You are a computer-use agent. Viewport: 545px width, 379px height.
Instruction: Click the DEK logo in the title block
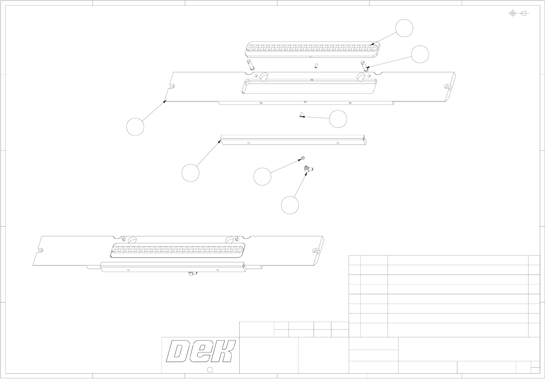[201, 351]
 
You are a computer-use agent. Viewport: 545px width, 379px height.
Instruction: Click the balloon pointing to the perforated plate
[404, 28]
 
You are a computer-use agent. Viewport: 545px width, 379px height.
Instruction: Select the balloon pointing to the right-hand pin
[420, 54]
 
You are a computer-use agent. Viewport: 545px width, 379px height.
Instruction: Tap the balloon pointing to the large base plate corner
[135, 127]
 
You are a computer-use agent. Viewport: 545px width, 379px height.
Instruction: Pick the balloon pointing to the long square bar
[190, 173]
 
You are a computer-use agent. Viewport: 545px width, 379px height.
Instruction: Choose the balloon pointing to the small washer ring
[262, 177]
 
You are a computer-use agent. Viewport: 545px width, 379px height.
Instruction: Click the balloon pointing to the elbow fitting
[290, 205]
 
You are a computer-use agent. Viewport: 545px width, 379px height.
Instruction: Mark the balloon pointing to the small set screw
[338, 119]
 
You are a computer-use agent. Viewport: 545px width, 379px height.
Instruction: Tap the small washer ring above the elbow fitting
[303, 158]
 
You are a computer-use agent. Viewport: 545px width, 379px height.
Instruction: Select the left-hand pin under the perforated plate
[71, 65]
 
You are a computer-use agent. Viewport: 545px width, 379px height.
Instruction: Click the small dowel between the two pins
[316, 66]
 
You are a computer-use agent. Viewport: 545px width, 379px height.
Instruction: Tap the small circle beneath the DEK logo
[210, 370]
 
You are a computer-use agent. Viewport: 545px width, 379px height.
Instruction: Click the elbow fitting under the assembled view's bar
[192, 274]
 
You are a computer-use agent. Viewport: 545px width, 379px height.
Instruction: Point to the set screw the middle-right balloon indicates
[301, 115]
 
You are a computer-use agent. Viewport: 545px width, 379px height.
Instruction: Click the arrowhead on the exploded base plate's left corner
[165, 102]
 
